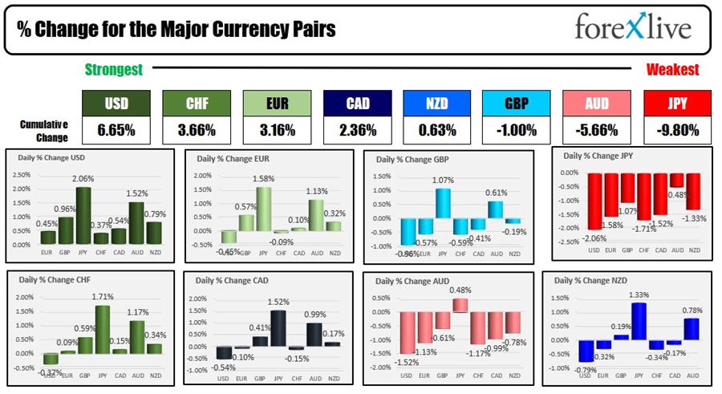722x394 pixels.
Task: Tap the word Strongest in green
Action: [x=114, y=70]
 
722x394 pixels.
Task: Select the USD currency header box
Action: [x=116, y=103]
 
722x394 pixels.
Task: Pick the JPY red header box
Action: [x=676, y=103]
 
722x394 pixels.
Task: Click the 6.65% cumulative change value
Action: [x=116, y=130]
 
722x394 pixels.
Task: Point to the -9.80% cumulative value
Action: [x=676, y=130]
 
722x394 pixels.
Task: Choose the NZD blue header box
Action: [x=436, y=103]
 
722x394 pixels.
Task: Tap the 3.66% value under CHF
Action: [x=197, y=130]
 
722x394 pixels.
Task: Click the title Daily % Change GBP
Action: [x=414, y=159]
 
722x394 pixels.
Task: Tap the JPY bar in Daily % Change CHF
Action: [x=102, y=329]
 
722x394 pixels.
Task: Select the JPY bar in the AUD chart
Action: [x=460, y=305]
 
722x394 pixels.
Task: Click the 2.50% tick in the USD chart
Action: [x=22, y=174]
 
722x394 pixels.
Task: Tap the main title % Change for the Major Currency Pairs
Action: [x=176, y=30]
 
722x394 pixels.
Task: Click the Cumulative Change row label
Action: [x=45, y=130]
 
